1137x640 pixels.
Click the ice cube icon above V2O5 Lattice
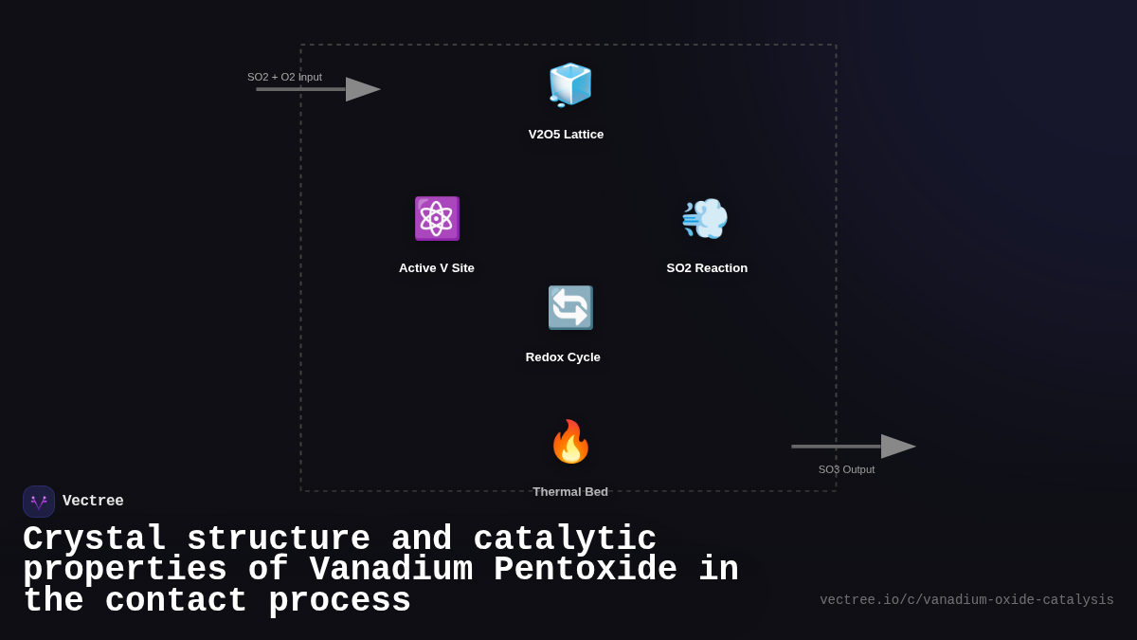click(x=569, y=84)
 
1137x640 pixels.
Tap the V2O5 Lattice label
click(x=566, y=135)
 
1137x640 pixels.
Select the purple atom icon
click(x=437, y=218)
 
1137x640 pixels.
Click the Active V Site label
click(x=437, y=268)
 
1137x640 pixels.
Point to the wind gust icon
click(x=705, y=218)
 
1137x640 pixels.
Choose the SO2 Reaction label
click(x=707, y=268)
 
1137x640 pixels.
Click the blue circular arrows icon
click(x=570, y=307)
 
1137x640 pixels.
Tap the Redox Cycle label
click(x=563, y=357)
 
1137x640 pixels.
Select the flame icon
click(x=570, y=442)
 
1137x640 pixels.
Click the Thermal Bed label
click(x=570, y=491)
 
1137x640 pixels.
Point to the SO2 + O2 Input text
click(x=284, y=77)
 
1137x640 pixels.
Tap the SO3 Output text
click(x=846, y=469)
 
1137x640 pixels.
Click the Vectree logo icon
click(x=39, y=502)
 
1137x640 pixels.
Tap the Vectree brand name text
click(x=93, y=502)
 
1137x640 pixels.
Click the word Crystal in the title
click(x=95, y=539)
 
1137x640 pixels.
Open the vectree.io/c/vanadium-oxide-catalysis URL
click(x=966, y=600)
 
